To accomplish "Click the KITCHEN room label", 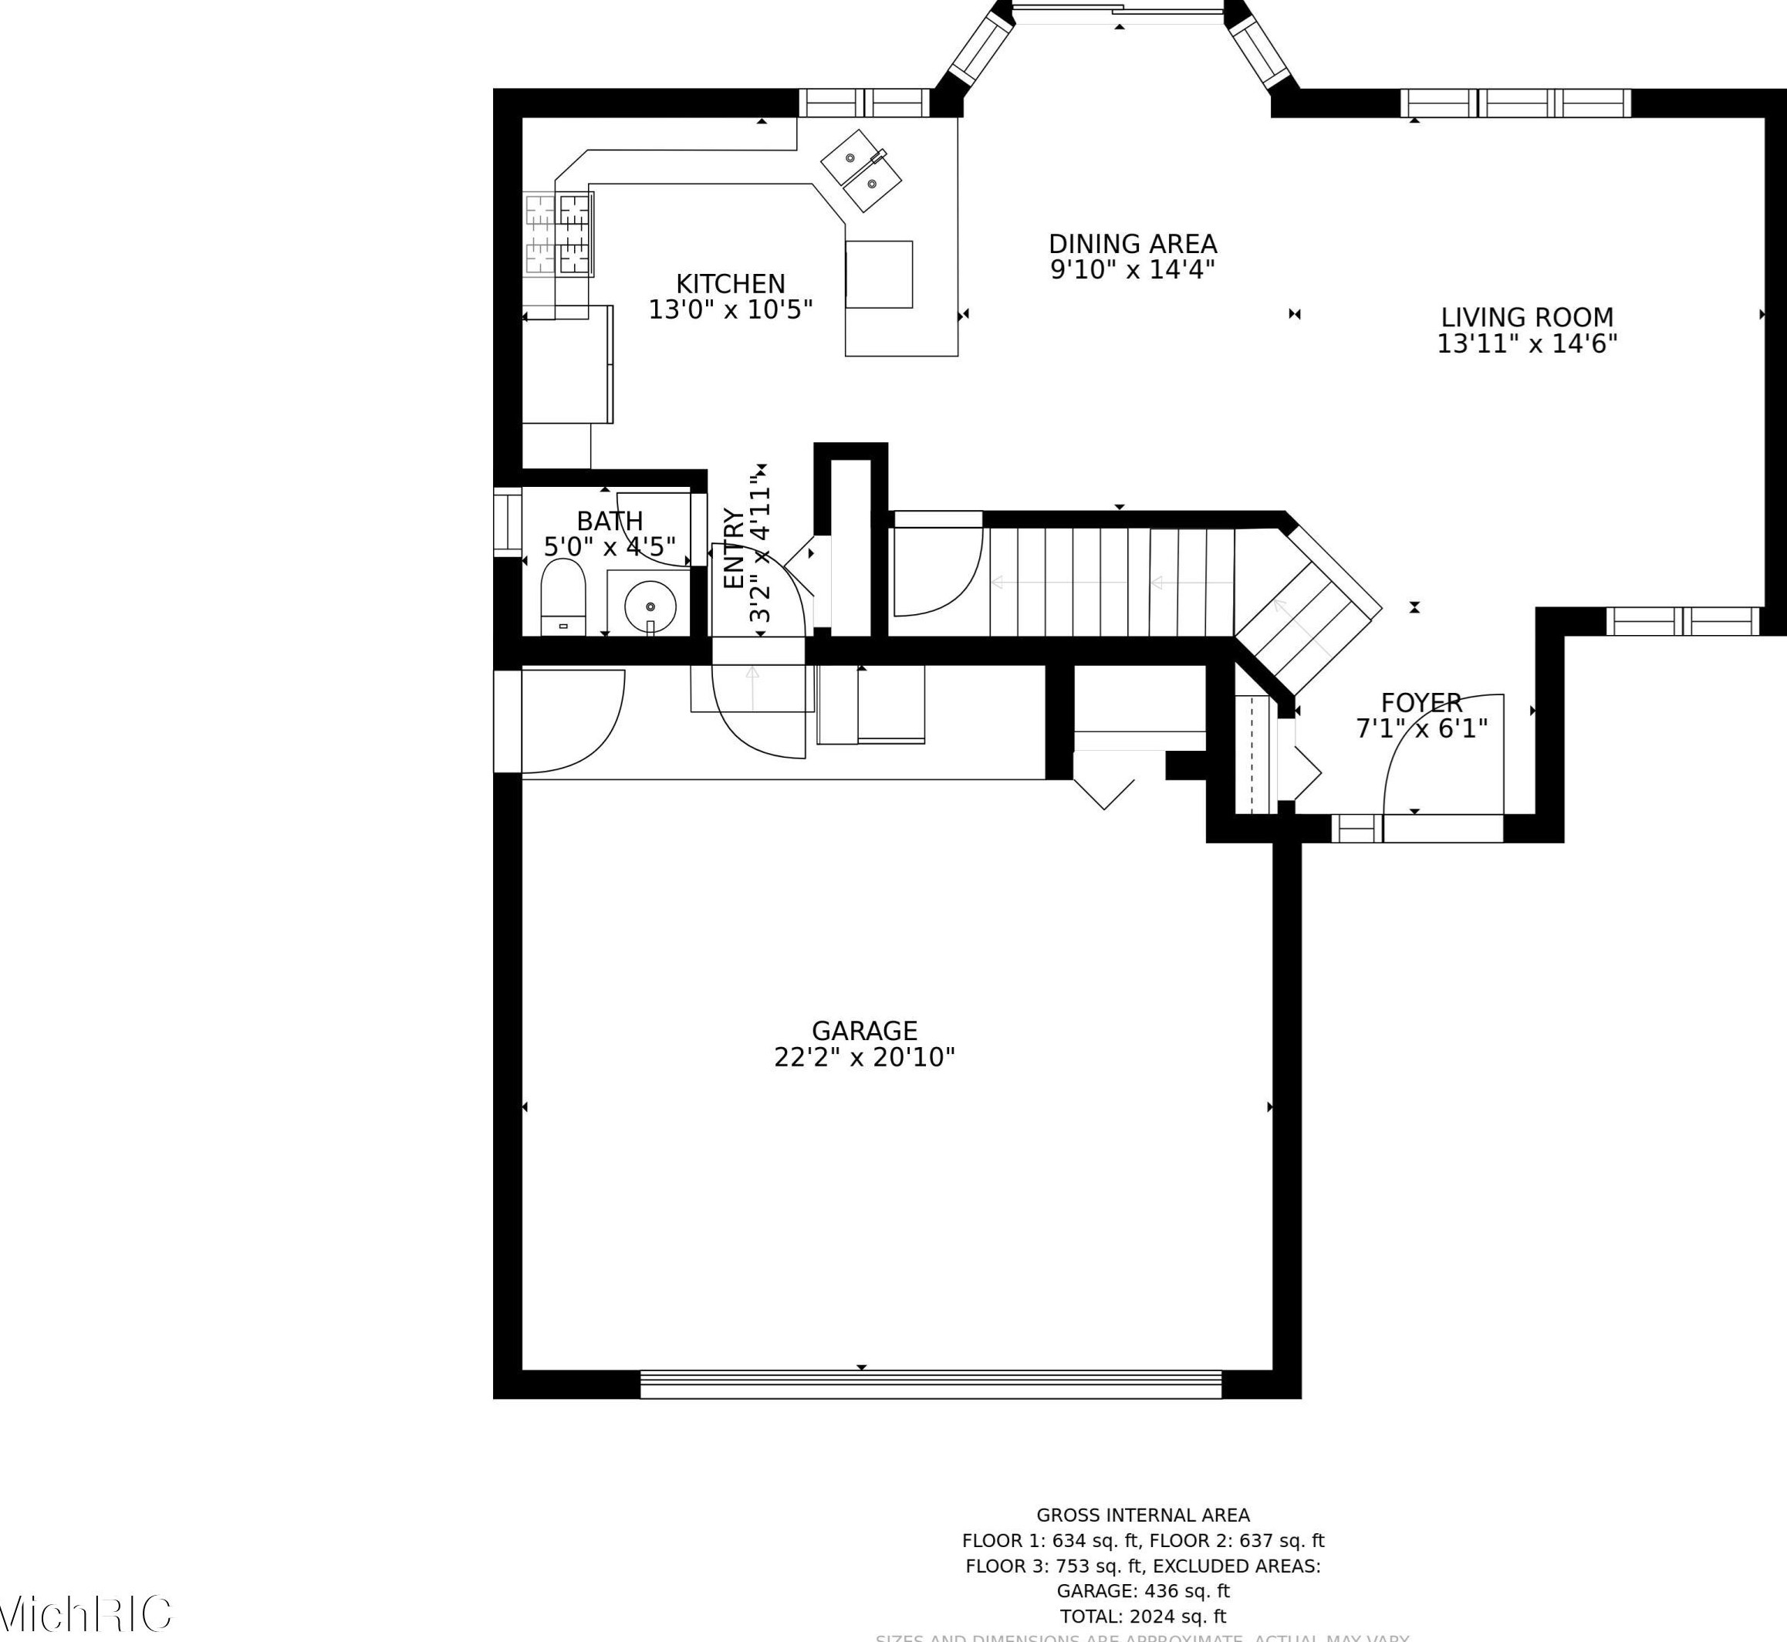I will click(731, 284).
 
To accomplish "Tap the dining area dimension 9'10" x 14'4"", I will click(1132, 270).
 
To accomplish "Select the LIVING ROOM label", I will click(1527, 317).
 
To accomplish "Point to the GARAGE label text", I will click(863, 1031).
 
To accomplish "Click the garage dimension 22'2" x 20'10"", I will click(863, 1057).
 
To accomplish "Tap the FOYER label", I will click(1421, 703).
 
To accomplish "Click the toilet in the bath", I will click(562, 596).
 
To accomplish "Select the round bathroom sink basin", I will click(650, 606).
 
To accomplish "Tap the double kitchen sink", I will click(860, 170).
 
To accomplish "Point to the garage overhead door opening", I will click(931, 1384).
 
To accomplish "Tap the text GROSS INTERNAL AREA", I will click(1143, 1515).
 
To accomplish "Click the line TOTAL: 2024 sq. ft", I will click(1143, 1617).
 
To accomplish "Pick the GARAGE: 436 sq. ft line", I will click(1143, 1590).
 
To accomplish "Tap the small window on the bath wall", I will click(508, 522).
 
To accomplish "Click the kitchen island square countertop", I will click(879, 275).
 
